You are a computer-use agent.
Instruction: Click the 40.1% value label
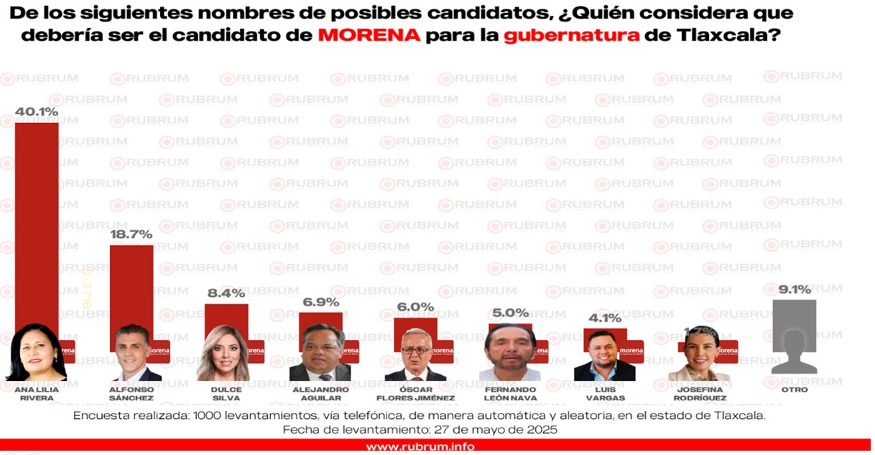pos(37,112)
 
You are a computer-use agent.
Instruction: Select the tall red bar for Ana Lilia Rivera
pos(37,216)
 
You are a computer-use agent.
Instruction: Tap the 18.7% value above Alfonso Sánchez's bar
pos(131,235)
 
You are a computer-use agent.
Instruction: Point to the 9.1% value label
pos(794,290)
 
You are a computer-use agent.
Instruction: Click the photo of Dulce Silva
pos(223,354)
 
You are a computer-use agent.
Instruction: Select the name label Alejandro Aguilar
pos(320,393)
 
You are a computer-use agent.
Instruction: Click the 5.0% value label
pos(510,313)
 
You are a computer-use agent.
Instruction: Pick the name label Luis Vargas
pos(604,393)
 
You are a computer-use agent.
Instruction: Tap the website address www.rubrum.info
pos(420,446)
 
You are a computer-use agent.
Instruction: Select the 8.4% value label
pos(226,293)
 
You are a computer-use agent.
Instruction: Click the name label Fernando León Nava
pos(510,393)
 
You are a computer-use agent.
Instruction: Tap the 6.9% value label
pos(320,302)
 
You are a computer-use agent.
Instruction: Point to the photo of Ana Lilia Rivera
pos(36,352)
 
